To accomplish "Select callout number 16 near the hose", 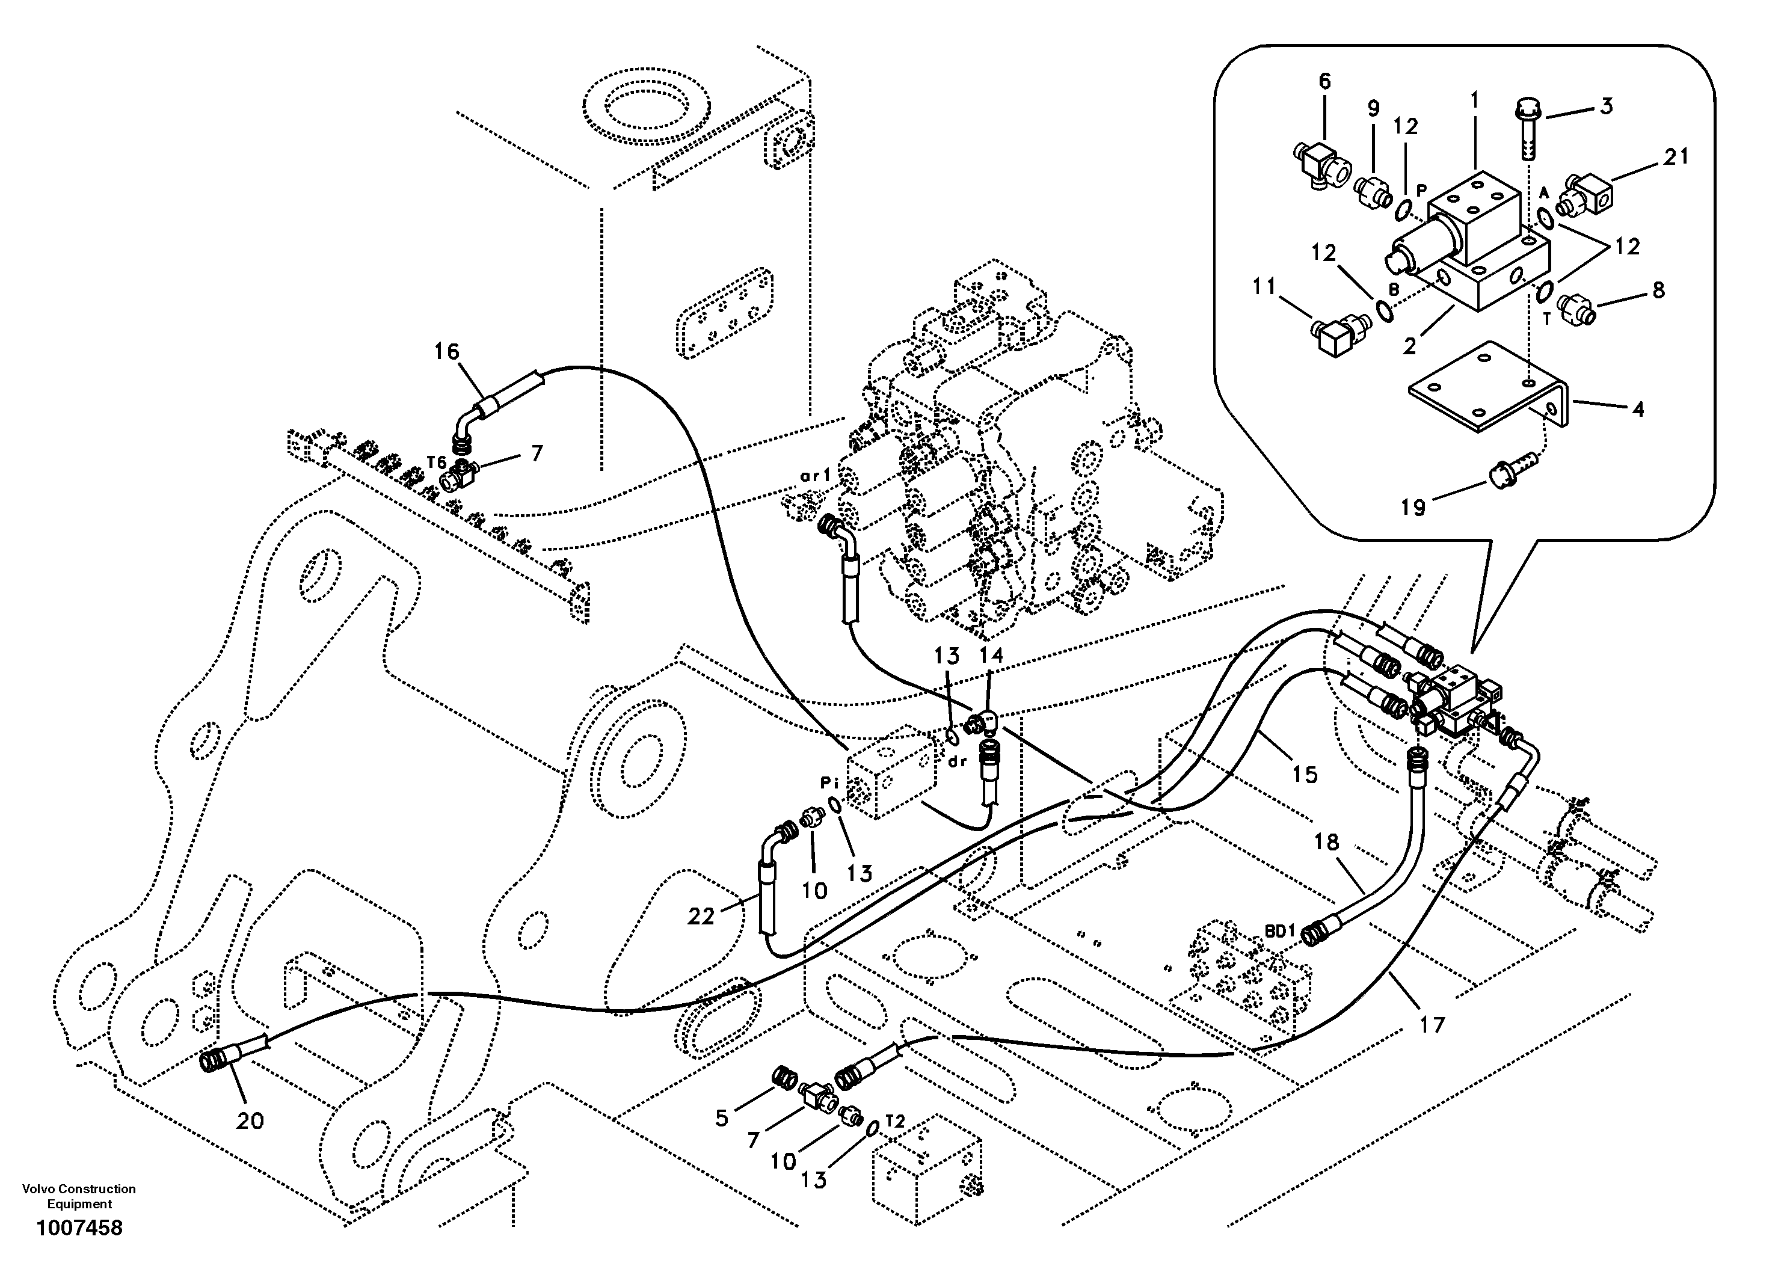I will coord(447,352).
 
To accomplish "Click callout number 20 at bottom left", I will coord(250,1121).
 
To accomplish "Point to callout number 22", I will coord(700,917).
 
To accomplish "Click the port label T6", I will coord(436,462).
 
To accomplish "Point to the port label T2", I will coord(894,1122).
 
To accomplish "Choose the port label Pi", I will coord(828,781).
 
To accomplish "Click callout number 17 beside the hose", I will coord(1432,1024).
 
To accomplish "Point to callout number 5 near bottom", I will coord(721,1118).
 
